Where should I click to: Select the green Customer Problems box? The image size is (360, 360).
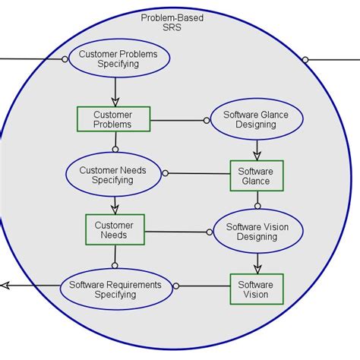coord(113,119)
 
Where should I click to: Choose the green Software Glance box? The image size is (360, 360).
coord(256,176)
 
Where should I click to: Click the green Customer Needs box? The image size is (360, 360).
coord(115,230)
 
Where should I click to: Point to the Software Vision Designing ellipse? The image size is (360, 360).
coord(257,231)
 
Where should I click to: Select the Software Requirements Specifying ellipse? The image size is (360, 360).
coord(115,289)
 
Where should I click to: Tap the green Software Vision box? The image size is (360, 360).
coord(256,289)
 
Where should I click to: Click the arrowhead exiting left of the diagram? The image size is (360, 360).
coord(5,286)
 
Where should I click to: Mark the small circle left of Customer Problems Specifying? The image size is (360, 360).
coord(65,58)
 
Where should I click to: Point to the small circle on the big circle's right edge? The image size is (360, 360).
coord(305,59)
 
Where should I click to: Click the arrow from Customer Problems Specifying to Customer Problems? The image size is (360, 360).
coord(115,93)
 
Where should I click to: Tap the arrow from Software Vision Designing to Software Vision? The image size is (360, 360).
coord(257,263)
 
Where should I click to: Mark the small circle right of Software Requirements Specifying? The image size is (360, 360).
coord(176,286)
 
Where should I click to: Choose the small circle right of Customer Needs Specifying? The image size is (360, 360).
coord(166,173)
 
